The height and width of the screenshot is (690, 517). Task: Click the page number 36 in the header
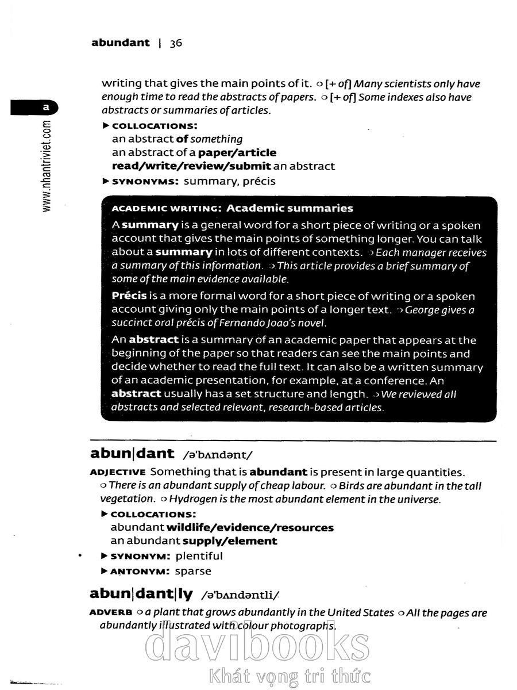pyautogui.click(x=176, y=43)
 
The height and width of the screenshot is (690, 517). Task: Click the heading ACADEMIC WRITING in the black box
pyautogui.click(x=163, y=208)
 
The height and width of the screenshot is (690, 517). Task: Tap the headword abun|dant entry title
pyautogui.click(x=132, y=453)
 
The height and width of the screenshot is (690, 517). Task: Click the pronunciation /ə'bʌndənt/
pyautogui.click(x=217, y=455)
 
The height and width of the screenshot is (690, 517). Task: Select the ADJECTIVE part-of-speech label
pyautogui.click(x=118, y=473)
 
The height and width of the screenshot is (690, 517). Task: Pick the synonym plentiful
pyautogui.click(x=199, y=556)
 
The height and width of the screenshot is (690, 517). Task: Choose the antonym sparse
pyautogui.click(x=192, y=571)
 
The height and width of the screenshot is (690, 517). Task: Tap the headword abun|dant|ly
pyautogui.click(x=141, y=593)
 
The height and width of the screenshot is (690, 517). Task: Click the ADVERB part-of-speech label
pyautogui.click(x=111, y=613)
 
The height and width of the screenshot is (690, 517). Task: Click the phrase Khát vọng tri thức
pyautogui.click(x=290, y=676)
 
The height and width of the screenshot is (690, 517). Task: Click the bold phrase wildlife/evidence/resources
pyautogui.click(x=250, y=527)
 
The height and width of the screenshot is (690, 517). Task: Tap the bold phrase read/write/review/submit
pyautogui.click(x=191, y=166)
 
